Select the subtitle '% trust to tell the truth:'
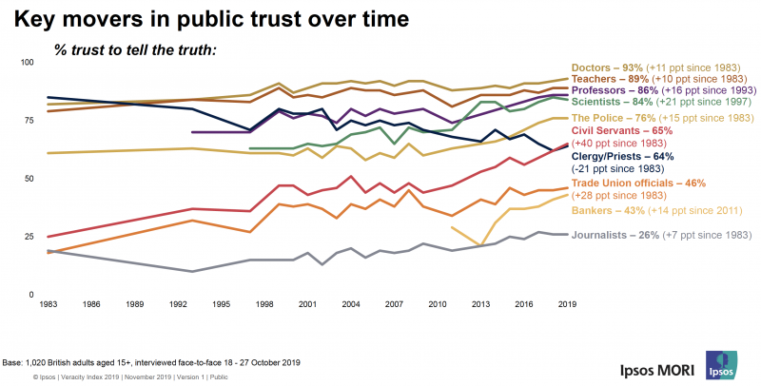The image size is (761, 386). pyautogui.click(x=135, y=48)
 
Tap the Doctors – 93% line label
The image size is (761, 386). pyautogui.click(x=607, y=68)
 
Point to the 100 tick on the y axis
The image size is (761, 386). pyautogui.click(x=26, y=63)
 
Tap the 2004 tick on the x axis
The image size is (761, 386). pyautogui.click(x=352, y=304)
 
